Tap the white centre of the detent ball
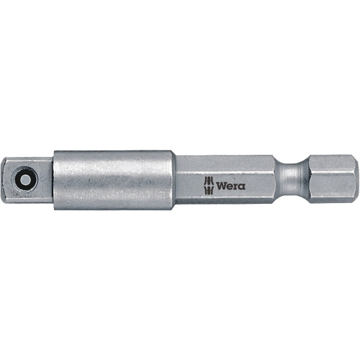[26, 179]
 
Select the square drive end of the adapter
[32, 179]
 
